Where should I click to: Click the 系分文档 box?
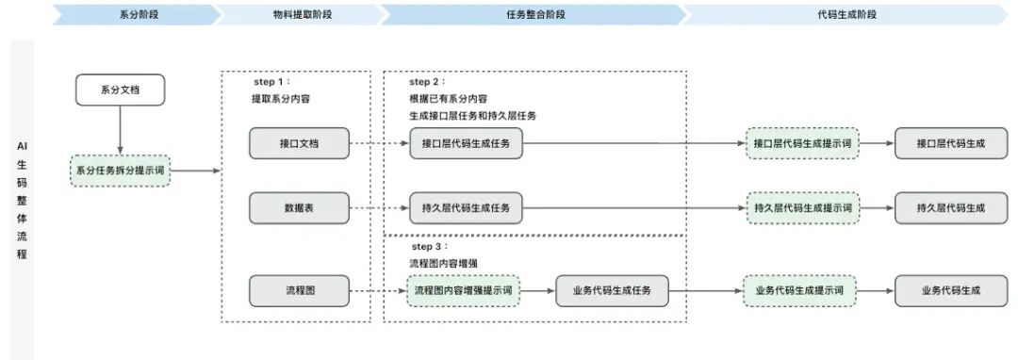[x=120, y=90]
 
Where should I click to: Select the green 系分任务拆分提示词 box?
[x=120, y=171]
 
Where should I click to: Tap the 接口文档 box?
[x=299, y=143]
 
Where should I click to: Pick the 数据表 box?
[x=299, y=207]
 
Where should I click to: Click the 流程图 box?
[x=299, y=290]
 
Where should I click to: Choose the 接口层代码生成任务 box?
[x=466, y=143]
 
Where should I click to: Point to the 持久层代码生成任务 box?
[x=466, y=207]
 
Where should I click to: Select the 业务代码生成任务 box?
[x=612, y=290]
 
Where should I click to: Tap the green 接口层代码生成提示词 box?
[x=802, y=143]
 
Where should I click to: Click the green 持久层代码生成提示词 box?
[x=802, y=207]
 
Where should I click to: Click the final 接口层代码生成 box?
[x=950, y=143]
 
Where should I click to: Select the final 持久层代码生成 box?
[x=950, y=207]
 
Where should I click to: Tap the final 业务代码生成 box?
[x=950, y=290]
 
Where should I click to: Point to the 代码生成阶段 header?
[x=844, y=15]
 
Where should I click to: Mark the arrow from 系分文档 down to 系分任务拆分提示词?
[x=120, y=129]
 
